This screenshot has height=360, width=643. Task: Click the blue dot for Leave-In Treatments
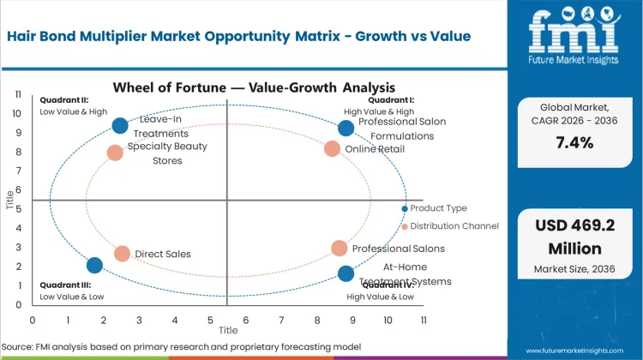tap(120, 126)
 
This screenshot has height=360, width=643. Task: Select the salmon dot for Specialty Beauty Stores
tap(115, 153)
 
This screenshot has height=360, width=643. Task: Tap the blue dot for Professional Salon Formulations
tap(346, 128)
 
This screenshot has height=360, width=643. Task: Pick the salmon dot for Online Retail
tap(333, 148)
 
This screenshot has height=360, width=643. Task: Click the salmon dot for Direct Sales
tap(122, 254)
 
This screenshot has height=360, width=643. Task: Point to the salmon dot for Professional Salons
tap(340, 249)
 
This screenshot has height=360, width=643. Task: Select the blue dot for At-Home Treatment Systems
tap(346, 273)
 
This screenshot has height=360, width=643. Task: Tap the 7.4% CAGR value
tap(574, 142)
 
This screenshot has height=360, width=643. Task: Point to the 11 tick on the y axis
tap(17, 94)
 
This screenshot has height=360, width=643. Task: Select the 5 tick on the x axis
tap(210, 319)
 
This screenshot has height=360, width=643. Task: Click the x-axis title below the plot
tap(227, 330)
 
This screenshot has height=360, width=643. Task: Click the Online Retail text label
tap(375, 149)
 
